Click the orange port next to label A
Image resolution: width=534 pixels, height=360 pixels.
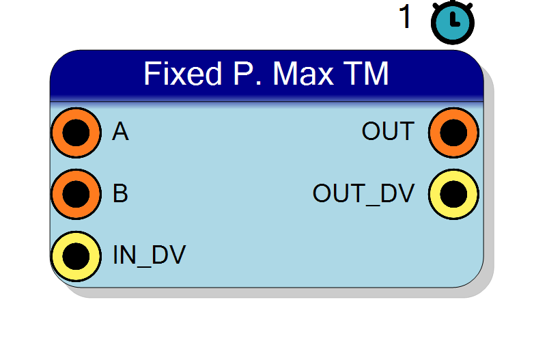pyautogui.click(x=76, y=133)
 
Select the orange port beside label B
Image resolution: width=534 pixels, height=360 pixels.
pyautogui.click(x=76, y=194)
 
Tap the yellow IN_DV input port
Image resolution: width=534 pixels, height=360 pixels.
pyautogui.click(x=76, y=256)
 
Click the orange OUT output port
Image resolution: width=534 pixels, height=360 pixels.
pyautogui.click(x=453, y=133)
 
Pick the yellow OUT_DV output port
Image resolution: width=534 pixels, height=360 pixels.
pyautogui.click(x=453, y=194)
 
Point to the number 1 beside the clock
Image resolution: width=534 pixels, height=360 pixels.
pyautogui.click(x=405, y=16)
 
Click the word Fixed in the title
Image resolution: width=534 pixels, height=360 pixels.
pyautogui.click(x=183, y=73)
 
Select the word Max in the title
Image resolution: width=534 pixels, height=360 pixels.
pyautogui.click(x=303, y=73)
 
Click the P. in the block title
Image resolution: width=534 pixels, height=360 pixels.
pyautogui.click(x=248, y=73)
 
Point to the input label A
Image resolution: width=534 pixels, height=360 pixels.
pyautogui.click(x=120, y=131)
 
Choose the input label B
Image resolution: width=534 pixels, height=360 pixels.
pyautogui.click(x=120, y=193)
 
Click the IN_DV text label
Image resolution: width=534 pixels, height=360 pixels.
pyautogui.click(x=149, y=255)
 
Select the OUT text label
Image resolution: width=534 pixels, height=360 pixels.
pyautogui.click(x=389, y=131)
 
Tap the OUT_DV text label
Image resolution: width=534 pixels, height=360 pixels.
pyautogui.click(x=364, y=193)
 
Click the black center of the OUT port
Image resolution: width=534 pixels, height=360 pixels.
pyautogui.click(x=453, y=133)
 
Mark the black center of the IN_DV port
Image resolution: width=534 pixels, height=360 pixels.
pyautogui.click(x=76, y=256)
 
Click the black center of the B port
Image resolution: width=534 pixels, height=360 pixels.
pyautogui.click(x=76, y=194)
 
